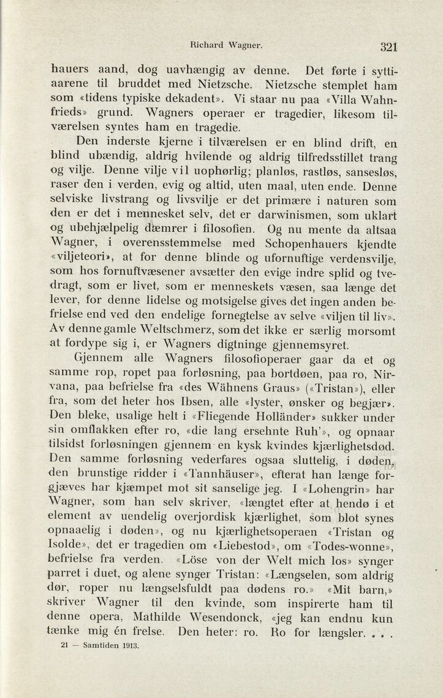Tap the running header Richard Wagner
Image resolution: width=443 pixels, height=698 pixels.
[218, 44]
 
